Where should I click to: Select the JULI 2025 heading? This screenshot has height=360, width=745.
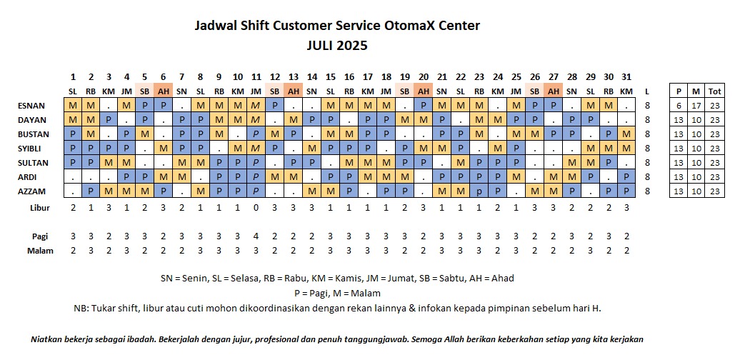point(336,45)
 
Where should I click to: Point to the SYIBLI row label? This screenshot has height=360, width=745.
point(30,148)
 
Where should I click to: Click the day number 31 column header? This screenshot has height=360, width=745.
point(626,77)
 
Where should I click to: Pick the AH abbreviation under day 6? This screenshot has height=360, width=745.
point(164,91)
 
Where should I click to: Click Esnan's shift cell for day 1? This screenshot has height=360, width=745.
point(73,106)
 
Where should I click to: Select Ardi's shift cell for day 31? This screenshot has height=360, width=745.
point(626,176)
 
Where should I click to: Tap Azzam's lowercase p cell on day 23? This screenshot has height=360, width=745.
point(479,191)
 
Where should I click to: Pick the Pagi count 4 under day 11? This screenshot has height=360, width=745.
point(256,236)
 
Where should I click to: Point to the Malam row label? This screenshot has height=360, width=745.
point(40,250)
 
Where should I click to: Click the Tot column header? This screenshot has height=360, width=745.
point(714,91)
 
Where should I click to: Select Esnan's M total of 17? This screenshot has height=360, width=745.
point(697,106)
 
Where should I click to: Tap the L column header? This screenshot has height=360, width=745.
point(647,91)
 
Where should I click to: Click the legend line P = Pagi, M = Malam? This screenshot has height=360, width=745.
point(336,293)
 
